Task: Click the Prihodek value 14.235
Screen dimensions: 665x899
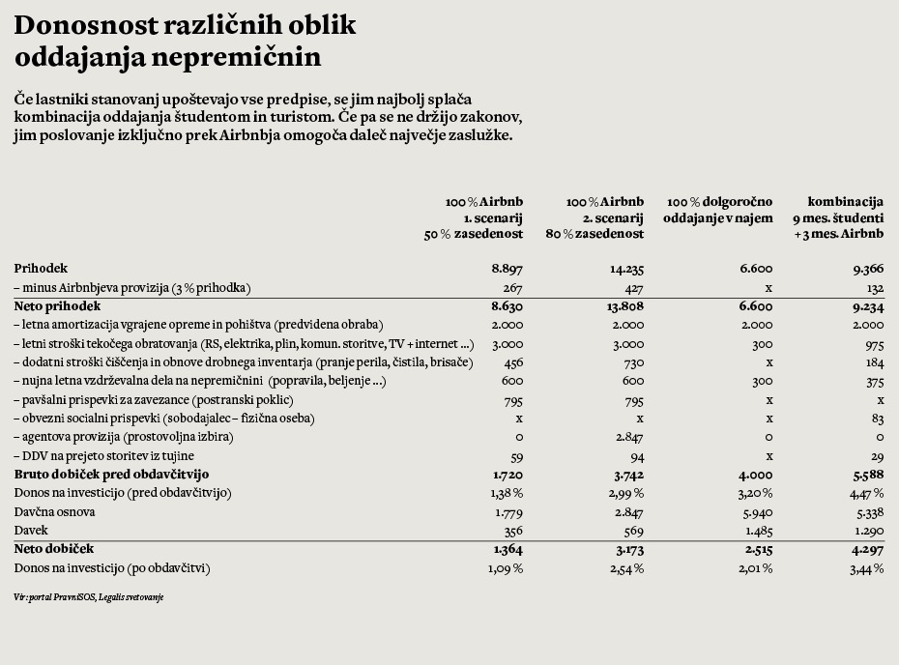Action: tap(626, 269)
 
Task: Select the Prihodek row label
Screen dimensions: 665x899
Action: tap(41, 269)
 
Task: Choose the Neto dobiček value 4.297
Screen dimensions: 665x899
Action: tap(867, 549)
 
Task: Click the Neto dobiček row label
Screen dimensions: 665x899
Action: tap(54, 549)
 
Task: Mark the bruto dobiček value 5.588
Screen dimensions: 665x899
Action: tap(867, 475)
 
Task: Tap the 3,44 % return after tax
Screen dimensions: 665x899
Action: tap(865, 568)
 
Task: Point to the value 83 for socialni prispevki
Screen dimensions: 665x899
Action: tap(876, 419)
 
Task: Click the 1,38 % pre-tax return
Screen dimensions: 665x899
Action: tap(504, 493)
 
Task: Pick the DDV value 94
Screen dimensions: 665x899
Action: tap(635, 456)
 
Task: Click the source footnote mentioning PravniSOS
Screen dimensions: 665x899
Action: tap(89, 597)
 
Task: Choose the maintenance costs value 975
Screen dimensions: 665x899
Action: tap(871, 344)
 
